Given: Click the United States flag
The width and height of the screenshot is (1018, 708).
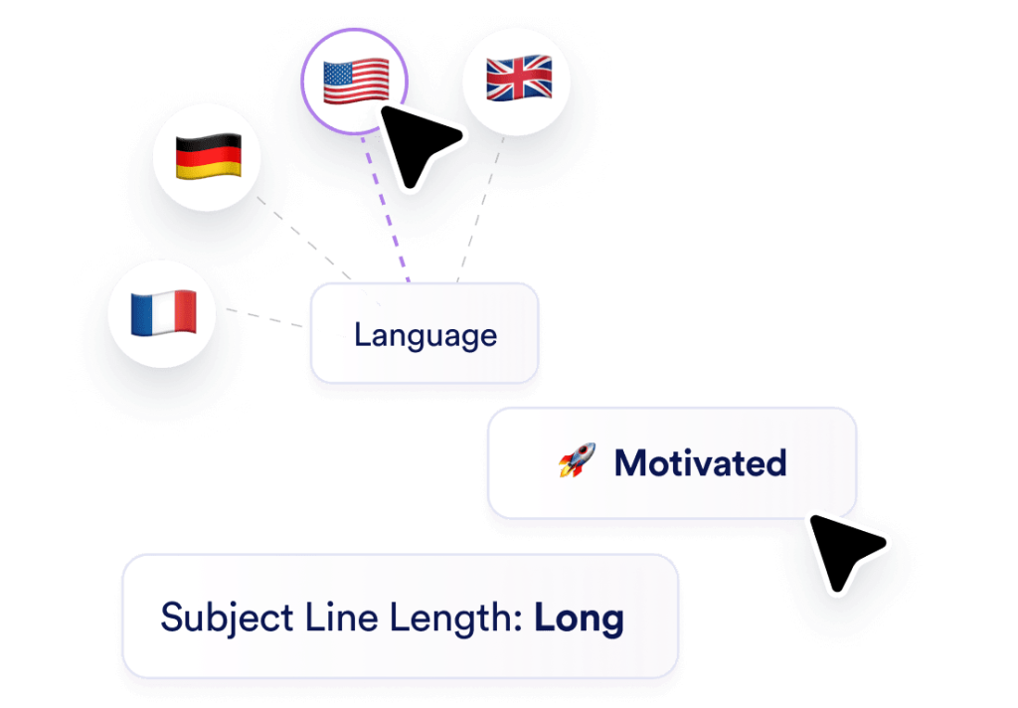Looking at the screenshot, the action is (x=356, y=81).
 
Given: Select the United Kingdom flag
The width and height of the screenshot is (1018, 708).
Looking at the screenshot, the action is (x=519, y=78).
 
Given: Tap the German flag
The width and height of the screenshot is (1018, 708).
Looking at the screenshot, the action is (x=209, y=156).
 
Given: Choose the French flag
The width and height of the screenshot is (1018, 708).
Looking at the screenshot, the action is (x=164, y=312).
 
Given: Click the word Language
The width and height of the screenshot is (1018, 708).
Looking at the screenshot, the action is (x=425, y=336).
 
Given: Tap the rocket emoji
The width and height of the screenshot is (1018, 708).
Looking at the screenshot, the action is (x=578, y=460).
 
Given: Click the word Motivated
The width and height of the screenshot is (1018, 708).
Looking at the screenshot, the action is (x=701, y=463).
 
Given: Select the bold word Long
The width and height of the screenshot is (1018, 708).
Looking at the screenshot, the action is (x=580, y=619).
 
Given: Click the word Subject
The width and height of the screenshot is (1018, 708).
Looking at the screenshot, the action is (x=227, y=618).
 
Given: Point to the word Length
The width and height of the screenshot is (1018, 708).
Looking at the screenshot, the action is (x=455, y=618).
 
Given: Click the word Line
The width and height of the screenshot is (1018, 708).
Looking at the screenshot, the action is (x=342, y=618).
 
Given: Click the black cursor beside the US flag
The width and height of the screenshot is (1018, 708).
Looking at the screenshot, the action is (x=419, y=145).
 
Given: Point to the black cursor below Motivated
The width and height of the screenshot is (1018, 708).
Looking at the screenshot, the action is (x=845, y=552).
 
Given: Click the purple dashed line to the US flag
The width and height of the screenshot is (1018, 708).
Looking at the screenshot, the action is (x=386, y=209).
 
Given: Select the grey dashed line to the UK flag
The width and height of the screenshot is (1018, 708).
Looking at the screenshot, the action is (x=480, y=209).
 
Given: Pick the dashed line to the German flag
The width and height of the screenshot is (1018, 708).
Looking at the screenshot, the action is (x=318, y=251).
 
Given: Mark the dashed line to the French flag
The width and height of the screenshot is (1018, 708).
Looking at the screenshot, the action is (x=264, y=317).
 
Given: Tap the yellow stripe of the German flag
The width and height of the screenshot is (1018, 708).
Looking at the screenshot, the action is (x=209, y=170).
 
